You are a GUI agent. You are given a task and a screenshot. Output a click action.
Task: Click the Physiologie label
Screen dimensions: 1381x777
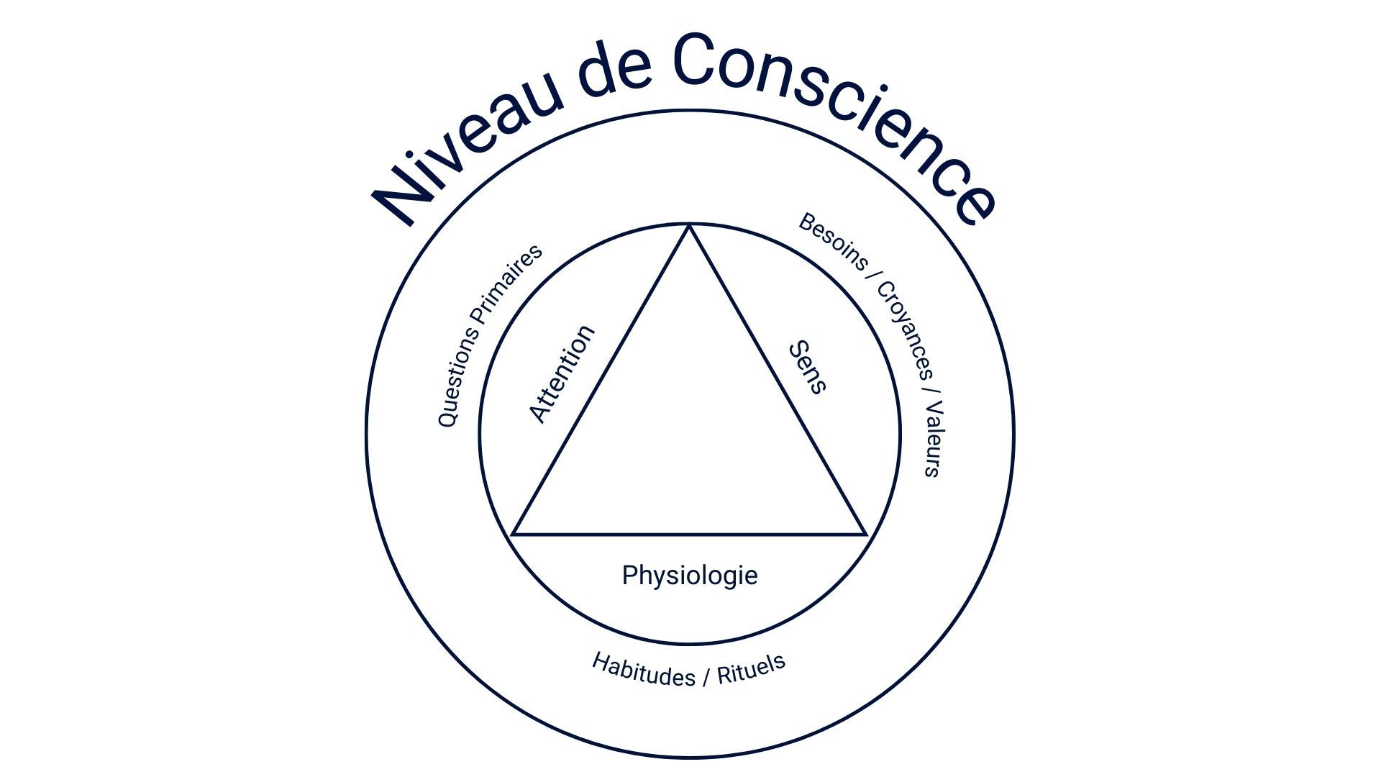pyautogui.click(x=690, y=576)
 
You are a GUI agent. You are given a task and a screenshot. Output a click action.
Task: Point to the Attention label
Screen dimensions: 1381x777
pyautogui.click(x=562, y=373)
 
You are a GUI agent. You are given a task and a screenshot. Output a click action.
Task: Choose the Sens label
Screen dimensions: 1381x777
pyautogui.click(x=807, y=368)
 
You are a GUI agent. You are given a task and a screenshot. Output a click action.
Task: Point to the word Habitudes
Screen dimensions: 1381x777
pyautogui.click(x=643, y=669)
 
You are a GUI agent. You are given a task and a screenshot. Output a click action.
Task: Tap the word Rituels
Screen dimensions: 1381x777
pyautogui.click(x=751, y=668)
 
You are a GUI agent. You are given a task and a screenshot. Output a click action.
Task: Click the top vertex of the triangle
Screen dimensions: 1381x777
pyautogui.click(x=689, y=226)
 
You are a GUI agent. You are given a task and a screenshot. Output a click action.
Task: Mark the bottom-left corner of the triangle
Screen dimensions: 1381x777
pyautogui.click(x=512, y=535)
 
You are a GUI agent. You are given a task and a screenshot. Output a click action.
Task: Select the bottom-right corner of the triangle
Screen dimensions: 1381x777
pyautogui.click(x=866, y=535)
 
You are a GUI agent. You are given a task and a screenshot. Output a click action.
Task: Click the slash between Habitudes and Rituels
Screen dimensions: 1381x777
pyautogui.click(x=706, y=676)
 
